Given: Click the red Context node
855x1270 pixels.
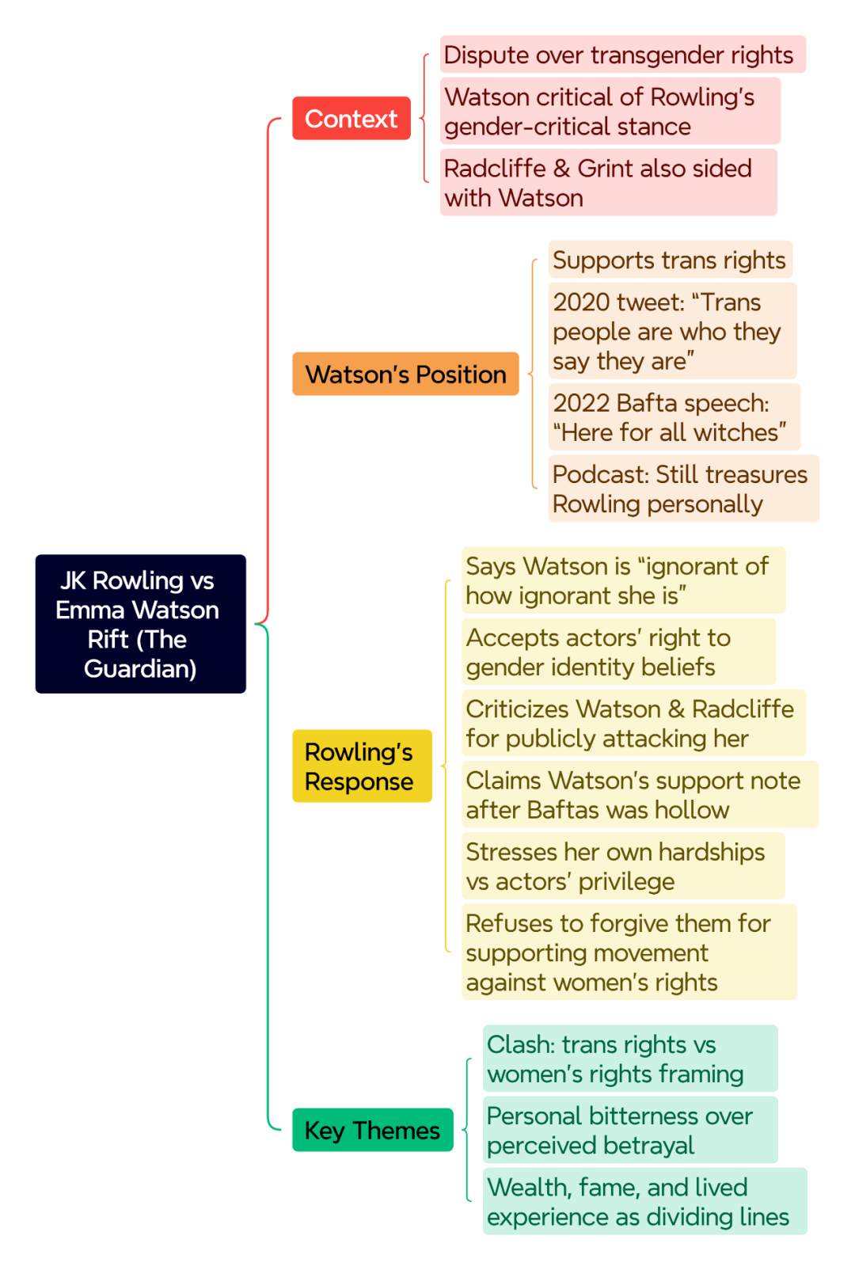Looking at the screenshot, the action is pyautogui.click(x=351, y=118).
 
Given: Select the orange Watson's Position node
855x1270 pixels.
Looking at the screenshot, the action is pyautogui.click(x=405, y=374).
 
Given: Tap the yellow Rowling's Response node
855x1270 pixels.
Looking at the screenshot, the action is pyautogui.click(x=362, y=766).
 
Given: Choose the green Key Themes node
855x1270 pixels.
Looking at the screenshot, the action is pyautogui.click(x=373, y=1129).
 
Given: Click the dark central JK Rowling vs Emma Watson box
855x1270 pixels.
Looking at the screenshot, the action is pyautogui.click(x=141, y=624).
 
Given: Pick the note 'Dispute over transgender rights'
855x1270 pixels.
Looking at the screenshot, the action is pyautogui.click(x=622, y=54).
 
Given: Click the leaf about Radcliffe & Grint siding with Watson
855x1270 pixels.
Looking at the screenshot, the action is pyautogui.click(x=608, y=182).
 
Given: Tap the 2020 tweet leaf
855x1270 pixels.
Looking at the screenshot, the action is pyautogui.click(x=672, y=330).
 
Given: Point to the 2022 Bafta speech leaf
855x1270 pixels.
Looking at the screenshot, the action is pyautogui.click(x=674, y=416).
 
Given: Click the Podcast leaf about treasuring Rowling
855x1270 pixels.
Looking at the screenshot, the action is pyautogui.click(x=684, y=489).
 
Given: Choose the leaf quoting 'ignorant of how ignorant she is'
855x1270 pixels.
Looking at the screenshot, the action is pyautogui.click(x=623, y=580).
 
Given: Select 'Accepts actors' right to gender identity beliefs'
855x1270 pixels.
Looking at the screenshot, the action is pyautogui.click(x=618, y=652).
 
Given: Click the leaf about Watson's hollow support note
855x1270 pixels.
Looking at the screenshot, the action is pyautogui.click(x=640, y=794).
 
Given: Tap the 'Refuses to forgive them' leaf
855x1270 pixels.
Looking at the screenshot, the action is pyautogui.click(x=629, y=952).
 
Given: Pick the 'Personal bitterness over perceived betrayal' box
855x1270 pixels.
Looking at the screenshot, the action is pyautogui.click(x=630, y=1130).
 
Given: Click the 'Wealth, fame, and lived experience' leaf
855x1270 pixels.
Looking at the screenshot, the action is pyautogui.click(x=644, y=1201).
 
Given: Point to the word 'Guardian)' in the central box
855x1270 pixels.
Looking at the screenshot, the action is pyautogui.click(x=141, y=669).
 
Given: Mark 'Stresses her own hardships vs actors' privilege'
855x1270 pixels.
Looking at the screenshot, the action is pyautogui.click(x=623, y=865).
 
